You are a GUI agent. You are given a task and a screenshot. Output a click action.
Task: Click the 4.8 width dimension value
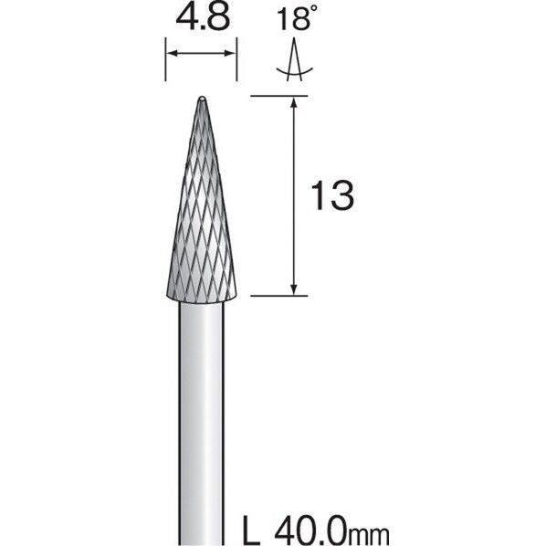[203, 17]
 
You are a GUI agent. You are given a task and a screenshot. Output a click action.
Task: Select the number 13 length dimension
[332, 195]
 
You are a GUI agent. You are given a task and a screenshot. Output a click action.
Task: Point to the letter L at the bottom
[251, 531]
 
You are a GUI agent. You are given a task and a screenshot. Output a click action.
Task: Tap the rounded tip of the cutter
[202, 99]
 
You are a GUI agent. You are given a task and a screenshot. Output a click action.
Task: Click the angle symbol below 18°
[295, 60]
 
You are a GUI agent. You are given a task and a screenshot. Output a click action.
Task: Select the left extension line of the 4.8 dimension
[165, 59]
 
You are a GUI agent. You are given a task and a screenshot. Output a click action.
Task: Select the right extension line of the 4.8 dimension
[236, 59]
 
